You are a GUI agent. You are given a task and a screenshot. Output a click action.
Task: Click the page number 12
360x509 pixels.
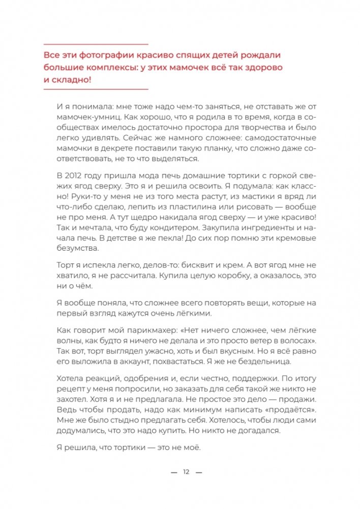[186, 472]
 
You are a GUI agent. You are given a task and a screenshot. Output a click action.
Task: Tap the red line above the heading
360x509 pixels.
[95, 44]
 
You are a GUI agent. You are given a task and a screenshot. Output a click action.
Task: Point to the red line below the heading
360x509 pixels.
[95, 89]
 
